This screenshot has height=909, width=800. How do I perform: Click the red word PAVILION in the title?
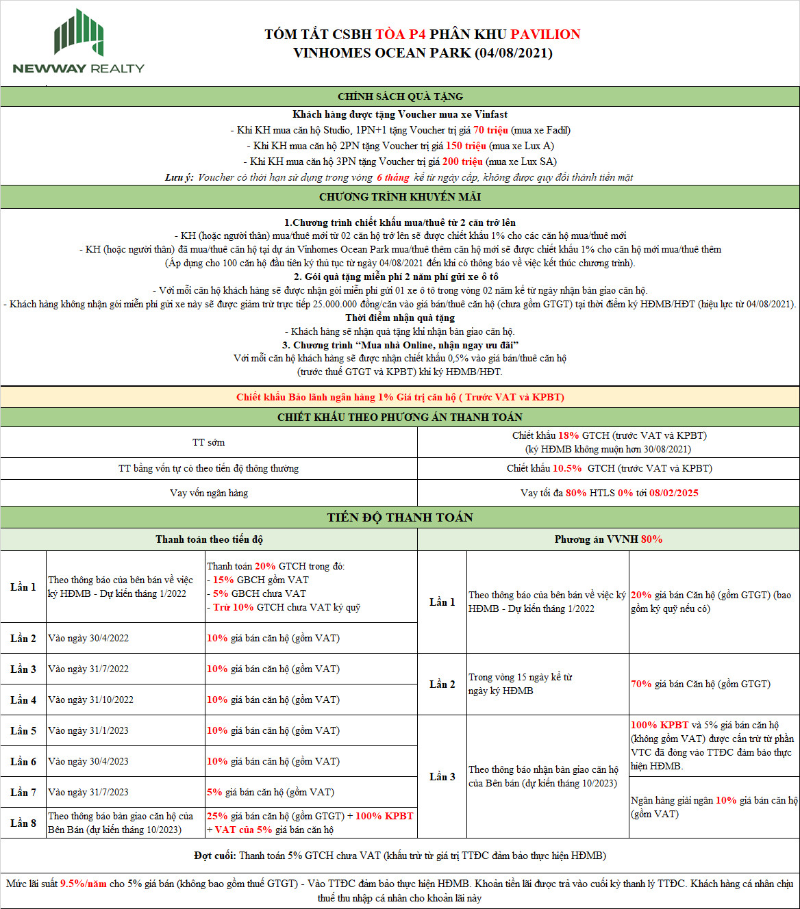[x=545, y=34]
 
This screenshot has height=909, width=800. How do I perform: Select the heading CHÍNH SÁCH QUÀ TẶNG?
[x=400, y=97]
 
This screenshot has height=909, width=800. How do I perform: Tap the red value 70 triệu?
[x=490, y=130]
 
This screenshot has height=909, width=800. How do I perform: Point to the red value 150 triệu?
[x=466, y=146]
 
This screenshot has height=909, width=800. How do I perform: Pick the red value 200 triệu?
[x=462, y=162]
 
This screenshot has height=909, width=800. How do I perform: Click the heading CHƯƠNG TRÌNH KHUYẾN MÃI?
[x=400, y=197]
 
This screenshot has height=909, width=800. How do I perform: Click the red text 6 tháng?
[x=392, y=177]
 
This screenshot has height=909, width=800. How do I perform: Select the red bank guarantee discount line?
[x=400, y=397]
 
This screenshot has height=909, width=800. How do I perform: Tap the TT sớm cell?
[x=208, y=442]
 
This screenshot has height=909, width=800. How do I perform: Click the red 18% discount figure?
[x=568, y=435]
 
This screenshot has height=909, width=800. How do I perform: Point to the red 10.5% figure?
[x=566, y=468]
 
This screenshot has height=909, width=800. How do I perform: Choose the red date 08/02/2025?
[x=674, y=493]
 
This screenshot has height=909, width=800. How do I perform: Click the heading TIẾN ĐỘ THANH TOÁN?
[x=400, y=517]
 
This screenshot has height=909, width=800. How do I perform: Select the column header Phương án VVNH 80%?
[x=608, y=539]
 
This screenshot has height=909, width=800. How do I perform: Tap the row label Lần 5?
[x=23, y=730]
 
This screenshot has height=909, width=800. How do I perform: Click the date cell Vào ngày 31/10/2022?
[x=90, y=700]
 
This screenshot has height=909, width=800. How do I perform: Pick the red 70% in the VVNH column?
[x=641, y=684]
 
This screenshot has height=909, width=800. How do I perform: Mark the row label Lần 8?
[x=23, y=823]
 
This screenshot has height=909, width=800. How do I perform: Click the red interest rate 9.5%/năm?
[x=84, y=884]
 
